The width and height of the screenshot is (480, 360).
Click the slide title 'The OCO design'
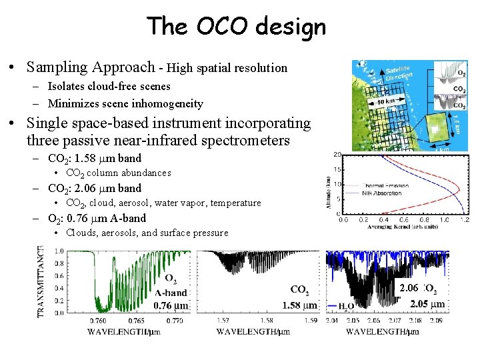point(237,27)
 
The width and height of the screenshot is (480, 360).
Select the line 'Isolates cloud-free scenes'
point(109,87)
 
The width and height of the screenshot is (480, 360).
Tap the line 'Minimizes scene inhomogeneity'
point(125,103)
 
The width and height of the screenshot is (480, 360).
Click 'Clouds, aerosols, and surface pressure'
point(146,233)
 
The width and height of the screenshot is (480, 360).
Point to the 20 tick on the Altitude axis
point(337,155)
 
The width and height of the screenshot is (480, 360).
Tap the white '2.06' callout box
point(409,288)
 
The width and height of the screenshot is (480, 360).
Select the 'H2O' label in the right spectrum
point(345,307)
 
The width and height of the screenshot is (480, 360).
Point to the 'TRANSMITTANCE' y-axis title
point(42,281)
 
